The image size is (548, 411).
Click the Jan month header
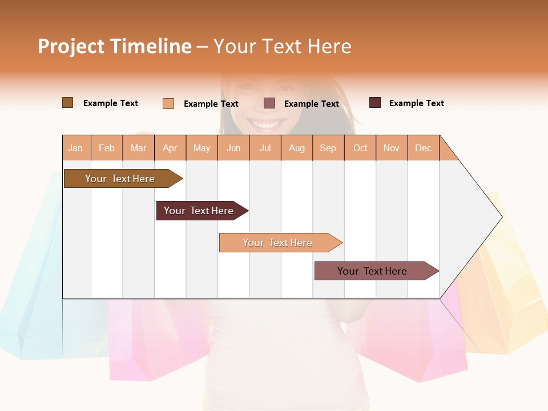point(75,148)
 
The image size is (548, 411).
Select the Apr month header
point(170,148)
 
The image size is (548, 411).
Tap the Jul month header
point(265,148)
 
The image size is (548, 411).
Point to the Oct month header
point(360,148)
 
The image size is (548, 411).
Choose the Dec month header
point(423,148)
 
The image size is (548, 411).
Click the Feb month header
point(107,148)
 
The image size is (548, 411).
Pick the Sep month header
point(328,148)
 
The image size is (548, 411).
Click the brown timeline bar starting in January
point(120,179)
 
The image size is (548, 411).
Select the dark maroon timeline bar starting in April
point(199,211)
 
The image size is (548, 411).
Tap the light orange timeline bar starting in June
point(278,243)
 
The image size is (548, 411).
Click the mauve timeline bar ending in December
point(373,271)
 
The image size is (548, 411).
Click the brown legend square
point(68,103)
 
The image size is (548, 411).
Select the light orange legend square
point(168,103)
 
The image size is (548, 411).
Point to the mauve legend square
point(269,103)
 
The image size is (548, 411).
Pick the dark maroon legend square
point(375,103)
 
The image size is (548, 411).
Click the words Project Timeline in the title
point(114,46)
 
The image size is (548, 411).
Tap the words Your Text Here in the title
point(282,46)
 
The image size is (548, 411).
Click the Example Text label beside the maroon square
point(416,103)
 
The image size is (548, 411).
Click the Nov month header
point(391,148)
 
